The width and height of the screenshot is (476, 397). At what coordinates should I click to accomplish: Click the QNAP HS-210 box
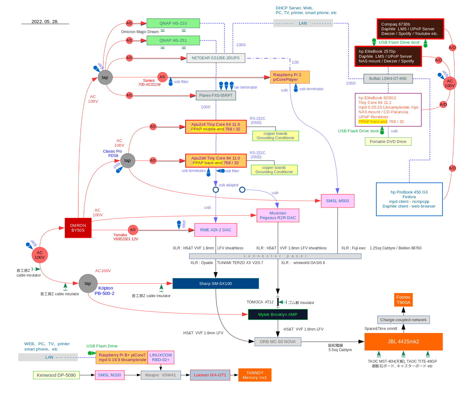[x=173, y=23]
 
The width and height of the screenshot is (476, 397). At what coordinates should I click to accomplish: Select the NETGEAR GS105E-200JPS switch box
[x=216, y=58]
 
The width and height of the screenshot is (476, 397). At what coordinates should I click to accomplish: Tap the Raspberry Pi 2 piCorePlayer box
[x=290, y=77]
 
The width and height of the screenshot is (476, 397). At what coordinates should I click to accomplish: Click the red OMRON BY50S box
[x=78, y=228]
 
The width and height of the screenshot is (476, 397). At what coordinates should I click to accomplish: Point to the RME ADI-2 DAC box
[x=216, y=230]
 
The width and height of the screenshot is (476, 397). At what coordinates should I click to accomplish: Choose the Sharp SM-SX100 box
[x=216, y=283]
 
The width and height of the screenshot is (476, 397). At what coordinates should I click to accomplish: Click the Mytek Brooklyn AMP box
[x=278, y=314]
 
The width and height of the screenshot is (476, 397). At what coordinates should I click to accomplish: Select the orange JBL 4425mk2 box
[x=403, y=341]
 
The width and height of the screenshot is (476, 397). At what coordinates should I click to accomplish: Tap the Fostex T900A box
[x=403, y=300]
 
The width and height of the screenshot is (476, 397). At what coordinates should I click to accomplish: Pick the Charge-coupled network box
[x=403, y=320]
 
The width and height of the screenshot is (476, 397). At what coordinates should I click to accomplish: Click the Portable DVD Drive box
[x=388, y=141]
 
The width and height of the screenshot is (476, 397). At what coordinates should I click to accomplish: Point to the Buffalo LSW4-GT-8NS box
[x=388, y=79]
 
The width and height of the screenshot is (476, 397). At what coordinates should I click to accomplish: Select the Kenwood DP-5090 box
[x=56, y=375]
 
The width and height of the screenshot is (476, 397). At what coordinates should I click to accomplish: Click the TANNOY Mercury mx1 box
[x=255, y=375]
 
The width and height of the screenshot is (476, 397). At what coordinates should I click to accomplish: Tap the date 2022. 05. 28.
[x=45, y=22]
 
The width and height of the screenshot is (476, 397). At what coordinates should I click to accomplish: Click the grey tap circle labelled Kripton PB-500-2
[x=88, y=283]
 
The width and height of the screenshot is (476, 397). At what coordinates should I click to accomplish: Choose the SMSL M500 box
[x=337, y=201]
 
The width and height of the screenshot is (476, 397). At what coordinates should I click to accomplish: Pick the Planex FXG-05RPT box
[x=216, y=96]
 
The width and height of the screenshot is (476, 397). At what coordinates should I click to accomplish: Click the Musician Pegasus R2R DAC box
[x=278, y=215]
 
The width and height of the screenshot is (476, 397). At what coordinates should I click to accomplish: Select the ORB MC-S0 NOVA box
[x=278, y=341]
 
